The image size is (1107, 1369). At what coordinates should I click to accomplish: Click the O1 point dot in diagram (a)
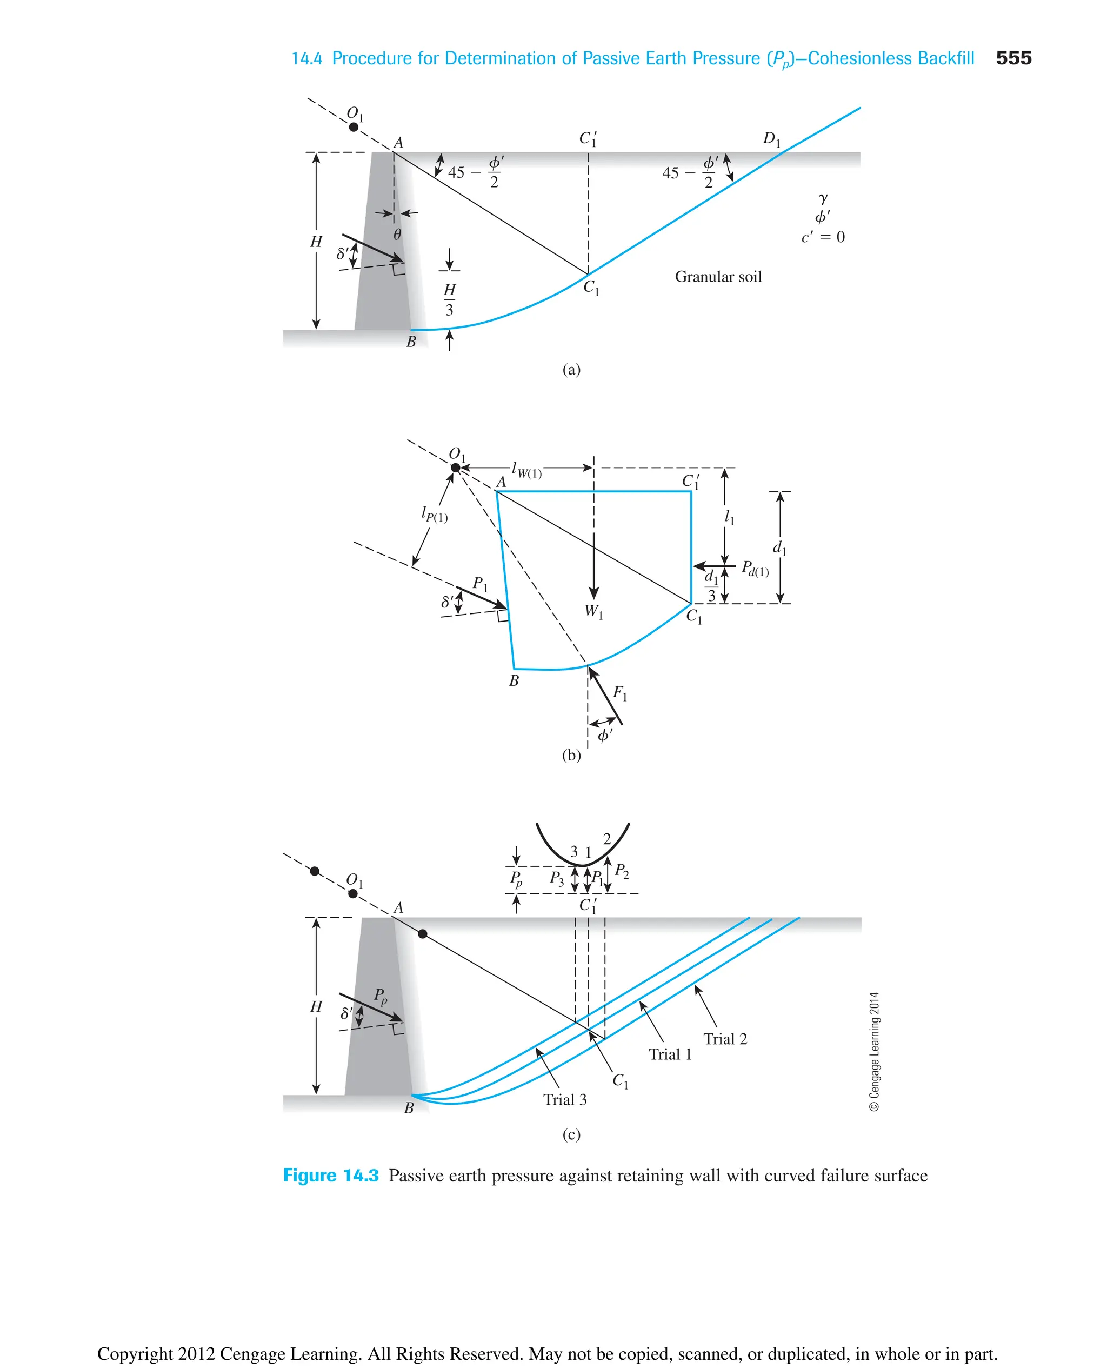[354, 127]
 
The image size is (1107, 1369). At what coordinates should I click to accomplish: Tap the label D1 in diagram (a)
[771, 138]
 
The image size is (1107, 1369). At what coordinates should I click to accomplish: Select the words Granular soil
[718, 277]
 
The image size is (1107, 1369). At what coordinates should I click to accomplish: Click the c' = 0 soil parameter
[823, 237]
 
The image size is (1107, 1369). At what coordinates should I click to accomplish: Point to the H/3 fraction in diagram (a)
[449, 299]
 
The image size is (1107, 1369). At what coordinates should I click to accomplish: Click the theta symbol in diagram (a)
[397, 235]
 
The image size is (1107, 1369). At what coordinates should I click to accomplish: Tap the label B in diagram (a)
[411, 342]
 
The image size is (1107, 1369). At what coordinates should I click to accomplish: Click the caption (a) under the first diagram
[571, 369]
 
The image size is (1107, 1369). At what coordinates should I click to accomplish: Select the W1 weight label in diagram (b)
[593, 611]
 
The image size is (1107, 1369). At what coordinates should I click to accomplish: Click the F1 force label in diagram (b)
[620, 692]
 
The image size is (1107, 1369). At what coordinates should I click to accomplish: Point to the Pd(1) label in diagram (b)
[755, 568]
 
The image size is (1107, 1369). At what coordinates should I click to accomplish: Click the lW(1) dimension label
[526, 471]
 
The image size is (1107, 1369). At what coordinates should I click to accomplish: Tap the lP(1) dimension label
[434, 514]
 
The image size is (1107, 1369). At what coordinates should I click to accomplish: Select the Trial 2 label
[725, 1039]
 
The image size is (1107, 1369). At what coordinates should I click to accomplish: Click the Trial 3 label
[564, 1099]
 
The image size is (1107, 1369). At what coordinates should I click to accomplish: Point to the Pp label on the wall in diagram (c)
[381, 996]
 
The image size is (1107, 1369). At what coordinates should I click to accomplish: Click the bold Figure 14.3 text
[330, 1175]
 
